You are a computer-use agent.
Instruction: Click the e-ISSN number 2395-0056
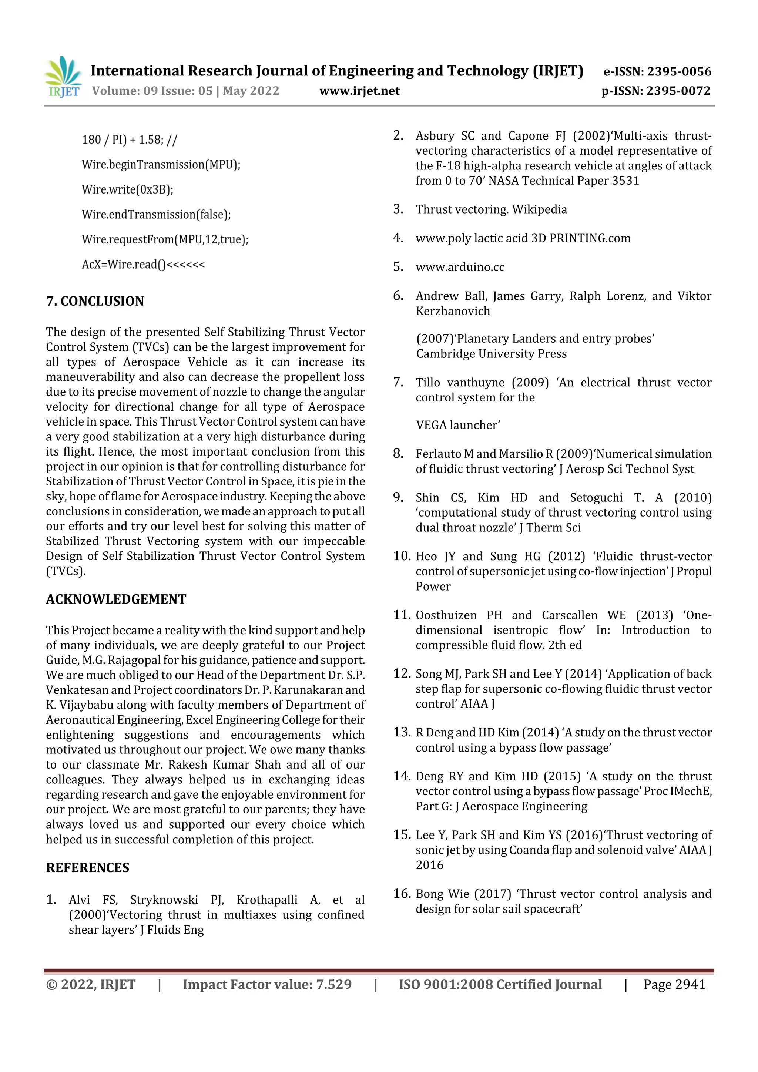click(657, 71)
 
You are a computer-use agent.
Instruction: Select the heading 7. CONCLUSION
click(95, 301)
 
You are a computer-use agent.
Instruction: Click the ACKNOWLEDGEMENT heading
click(116, 599)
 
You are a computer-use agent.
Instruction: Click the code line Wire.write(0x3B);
click(127, 189)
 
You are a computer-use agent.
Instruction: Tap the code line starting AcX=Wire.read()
click(143, 264)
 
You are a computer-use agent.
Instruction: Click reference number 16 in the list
click(402, 893)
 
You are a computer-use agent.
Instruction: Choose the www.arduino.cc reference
click(460, 267)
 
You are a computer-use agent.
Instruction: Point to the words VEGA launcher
click(458, 425)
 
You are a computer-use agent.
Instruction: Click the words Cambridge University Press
click(491, 353)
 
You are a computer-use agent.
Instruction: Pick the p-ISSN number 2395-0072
click(656, 91)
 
